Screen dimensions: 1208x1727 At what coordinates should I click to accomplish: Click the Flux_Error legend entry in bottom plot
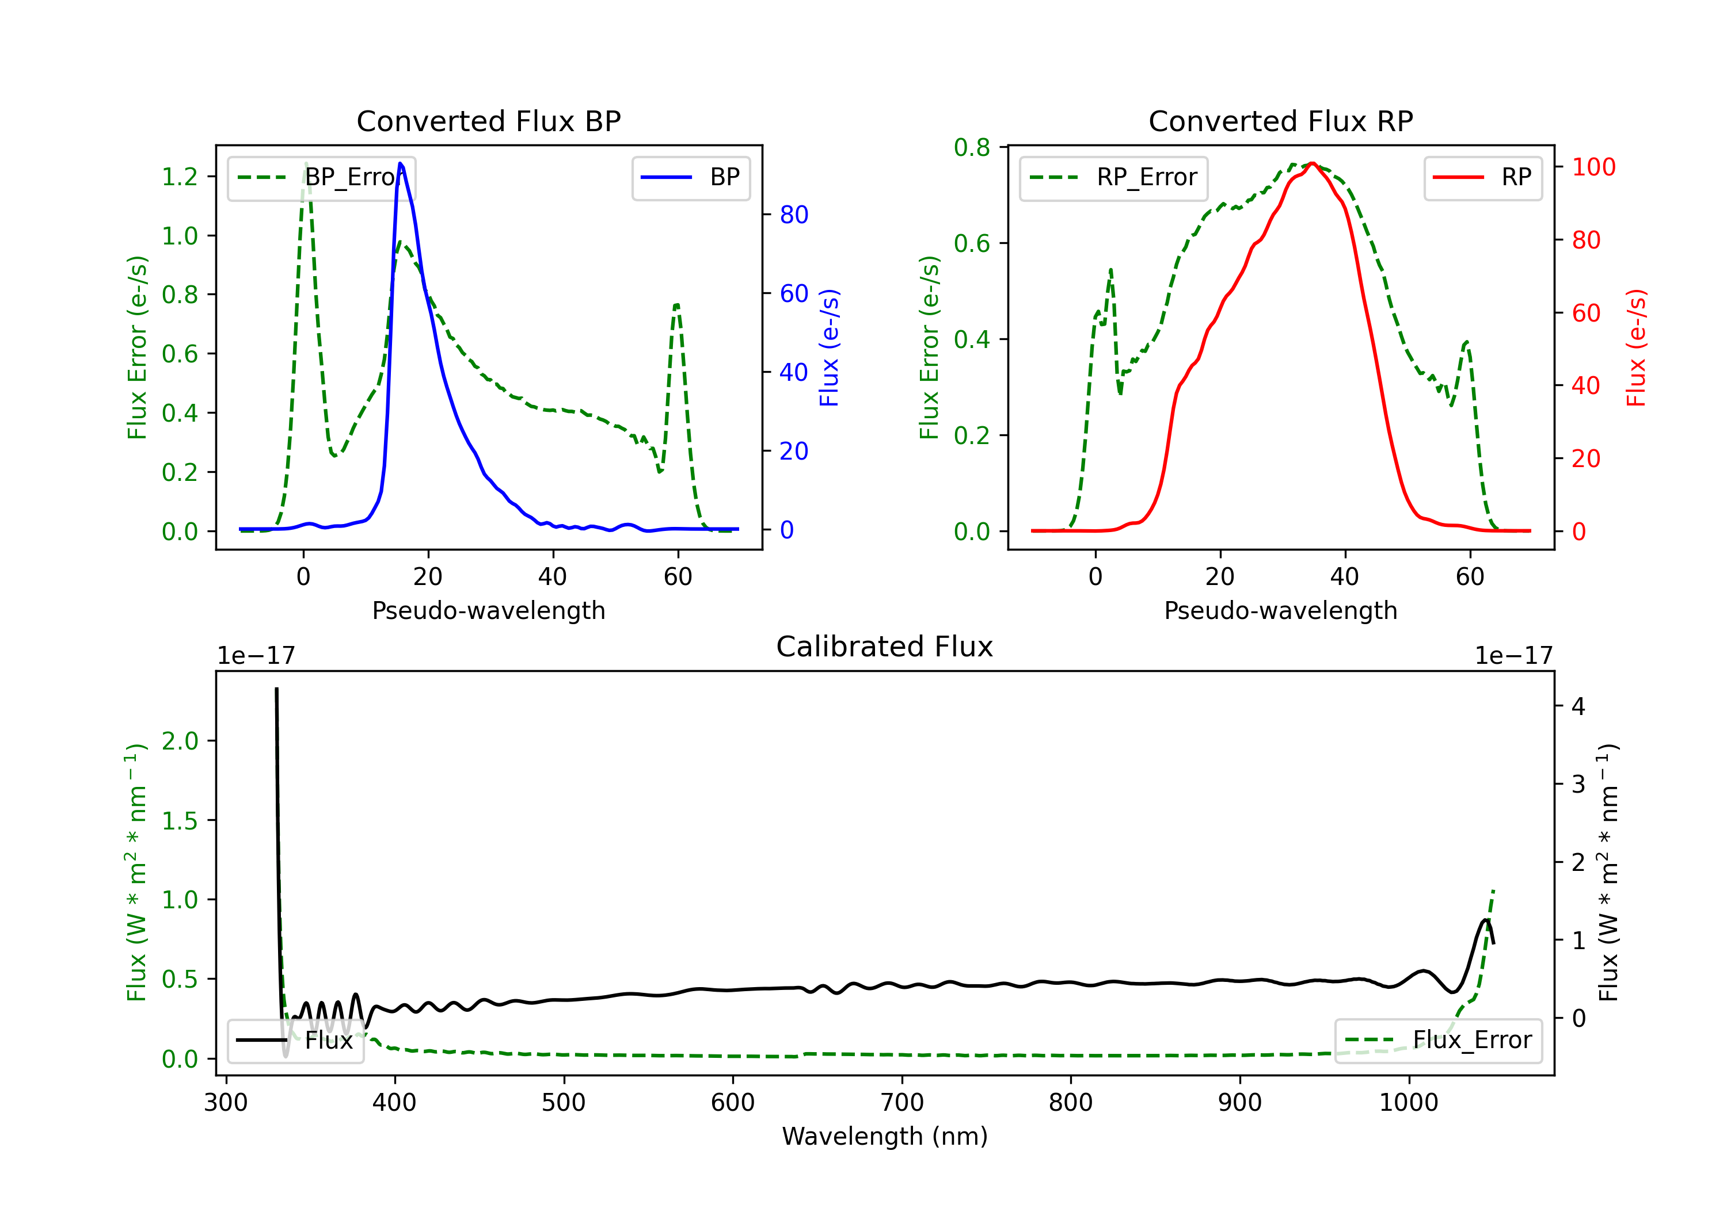[x=1438, y=1041]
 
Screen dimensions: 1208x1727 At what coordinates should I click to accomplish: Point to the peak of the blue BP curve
[x=400, y=163]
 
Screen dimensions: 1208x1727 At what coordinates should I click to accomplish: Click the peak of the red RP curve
[x=1312, y=163]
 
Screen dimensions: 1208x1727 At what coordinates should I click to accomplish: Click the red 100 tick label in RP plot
[x=1593, y=167]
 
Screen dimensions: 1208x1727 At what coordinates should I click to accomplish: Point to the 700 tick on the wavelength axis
[x=902, y=1103]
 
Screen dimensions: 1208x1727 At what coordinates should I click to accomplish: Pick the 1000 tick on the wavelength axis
[x=1408, y=1103]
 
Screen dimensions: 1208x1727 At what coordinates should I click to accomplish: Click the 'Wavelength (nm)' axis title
[x=885, y=1137]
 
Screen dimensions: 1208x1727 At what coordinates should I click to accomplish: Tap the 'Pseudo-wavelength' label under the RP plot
[x=1280, y=611]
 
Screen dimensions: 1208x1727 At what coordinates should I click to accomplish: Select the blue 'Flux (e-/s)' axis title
[x=829, y=348]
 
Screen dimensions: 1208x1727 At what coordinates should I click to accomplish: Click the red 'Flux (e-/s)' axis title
[x=1636, y=348]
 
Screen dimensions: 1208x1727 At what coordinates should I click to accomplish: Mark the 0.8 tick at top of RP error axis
[x=972, y=148]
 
